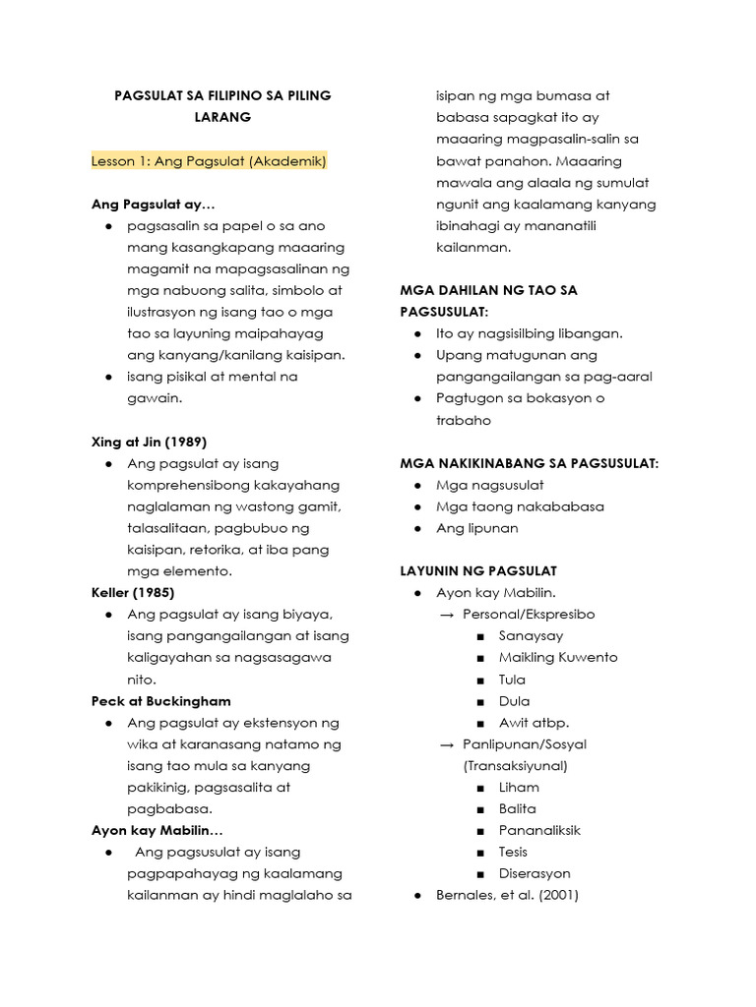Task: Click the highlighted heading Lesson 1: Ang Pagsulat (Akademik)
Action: (209, 160)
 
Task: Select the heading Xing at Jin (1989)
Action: (149, 442)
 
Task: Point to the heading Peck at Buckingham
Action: (161, 701)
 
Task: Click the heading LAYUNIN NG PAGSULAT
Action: (478, 570)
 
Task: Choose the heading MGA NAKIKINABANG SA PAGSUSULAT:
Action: (529, 463)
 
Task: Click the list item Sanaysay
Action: (531, 636)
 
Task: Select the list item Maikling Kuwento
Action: (558, 658)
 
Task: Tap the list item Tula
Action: (512, 680)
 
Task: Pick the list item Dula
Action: (514, 701)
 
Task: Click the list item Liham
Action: (519, 788)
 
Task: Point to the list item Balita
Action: (518, 809)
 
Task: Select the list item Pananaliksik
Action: (539, 831)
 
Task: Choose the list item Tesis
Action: (513, 853)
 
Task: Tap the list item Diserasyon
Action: (535, 874)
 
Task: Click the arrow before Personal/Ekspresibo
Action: (446, 615)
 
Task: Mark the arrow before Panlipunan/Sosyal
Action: (446, 744)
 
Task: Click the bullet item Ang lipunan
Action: (477, 528)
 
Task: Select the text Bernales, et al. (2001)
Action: (508, 896)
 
